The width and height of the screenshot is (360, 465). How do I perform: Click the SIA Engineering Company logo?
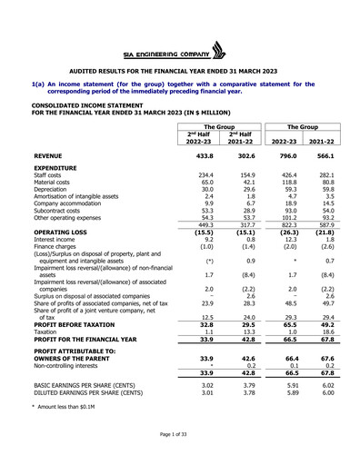tap(179, 49)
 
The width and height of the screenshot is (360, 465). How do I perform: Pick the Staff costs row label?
tap(51, 175)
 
